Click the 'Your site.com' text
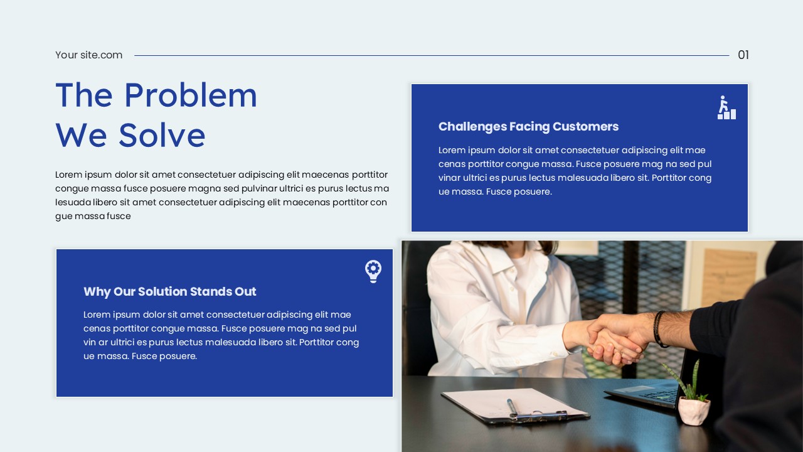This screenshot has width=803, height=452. [88, 55]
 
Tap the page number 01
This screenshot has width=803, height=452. [743, 55]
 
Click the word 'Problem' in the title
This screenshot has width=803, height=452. [190, 95]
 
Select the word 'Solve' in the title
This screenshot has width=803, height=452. [162, 135]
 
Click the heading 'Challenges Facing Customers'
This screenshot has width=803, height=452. [528, 127]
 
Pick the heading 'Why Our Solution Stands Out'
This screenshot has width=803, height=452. [169, 292]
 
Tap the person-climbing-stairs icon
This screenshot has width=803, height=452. [726, 107]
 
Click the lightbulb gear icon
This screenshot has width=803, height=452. [373, 271]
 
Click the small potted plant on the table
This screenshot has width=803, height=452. [693, 402]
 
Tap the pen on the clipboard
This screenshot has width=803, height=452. [513, 408]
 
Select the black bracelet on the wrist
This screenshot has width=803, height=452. [659, 329]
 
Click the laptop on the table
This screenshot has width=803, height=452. [646, 392]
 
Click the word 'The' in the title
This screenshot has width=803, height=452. [84, 95]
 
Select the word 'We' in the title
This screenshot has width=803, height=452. [81, 135]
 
